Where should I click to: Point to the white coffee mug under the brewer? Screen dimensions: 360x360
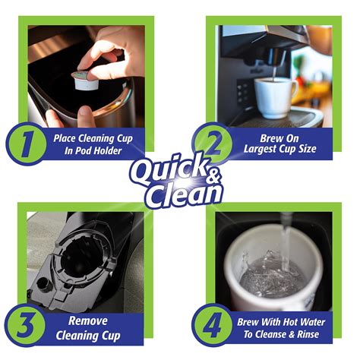coord(274,97)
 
